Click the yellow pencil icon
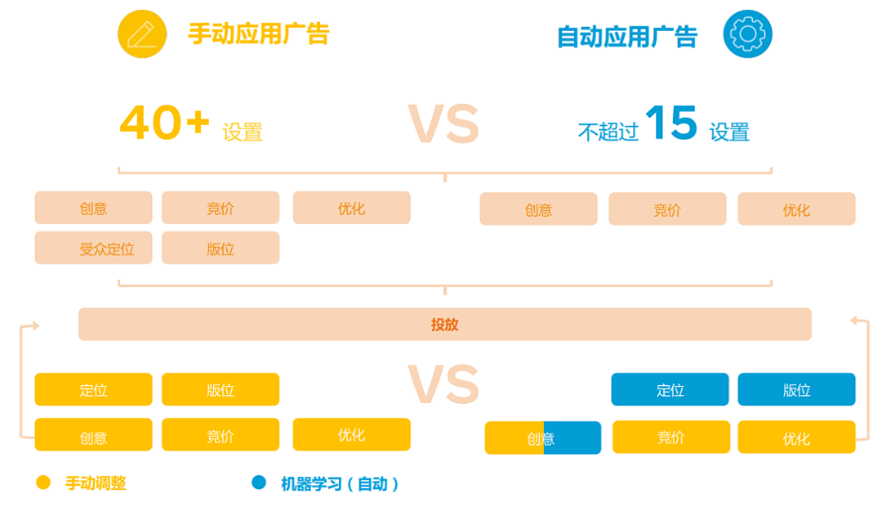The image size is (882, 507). [x=142, y=34]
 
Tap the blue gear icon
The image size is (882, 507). [x=747, y=34]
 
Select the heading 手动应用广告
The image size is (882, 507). [x=258, y=34]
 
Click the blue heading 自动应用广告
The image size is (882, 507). [x=626, y=37]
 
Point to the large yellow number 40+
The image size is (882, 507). [x=164, y=122]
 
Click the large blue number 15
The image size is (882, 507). [x=671, y=122]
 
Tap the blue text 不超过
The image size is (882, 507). [x=608, y=132]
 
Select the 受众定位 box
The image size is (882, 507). [x=93, y=248]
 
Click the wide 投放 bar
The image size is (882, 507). [x=444, y=324]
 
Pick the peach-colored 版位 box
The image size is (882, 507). [x=220, y=248]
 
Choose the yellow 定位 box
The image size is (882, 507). [x=93, y=389]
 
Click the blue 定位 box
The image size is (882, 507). [x=670, y=389]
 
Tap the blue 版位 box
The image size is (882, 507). [x=796, y=389]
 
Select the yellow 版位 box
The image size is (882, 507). [x=220, y=389]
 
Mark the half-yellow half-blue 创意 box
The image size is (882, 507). [x=543, y=437]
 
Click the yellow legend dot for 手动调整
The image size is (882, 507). [x=43, y=482]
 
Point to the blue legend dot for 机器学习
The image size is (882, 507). [x=259, y=482]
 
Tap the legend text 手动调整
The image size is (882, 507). [x=96, y=483]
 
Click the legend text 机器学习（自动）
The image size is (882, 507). [x=340, y=484]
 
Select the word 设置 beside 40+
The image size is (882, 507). [x=243, y=132]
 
